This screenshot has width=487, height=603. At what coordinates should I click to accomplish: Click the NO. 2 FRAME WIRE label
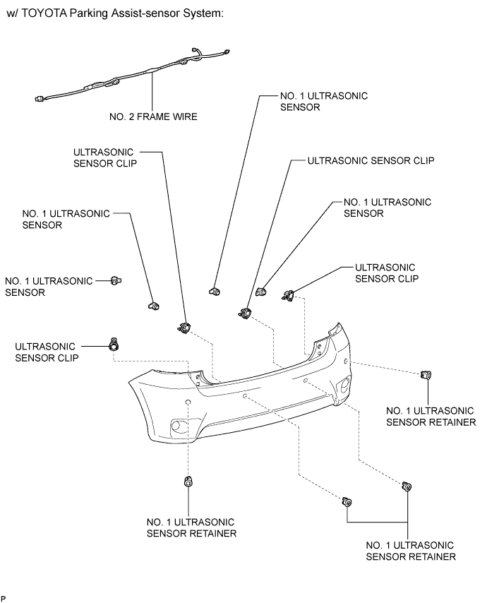(x=153, y=117)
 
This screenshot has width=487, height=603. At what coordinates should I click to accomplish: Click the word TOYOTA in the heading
(x=44, y=13)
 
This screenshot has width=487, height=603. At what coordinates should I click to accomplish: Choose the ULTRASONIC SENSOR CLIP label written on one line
(x=371, y=160)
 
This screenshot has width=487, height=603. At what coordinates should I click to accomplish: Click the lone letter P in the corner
(x=3, y=599)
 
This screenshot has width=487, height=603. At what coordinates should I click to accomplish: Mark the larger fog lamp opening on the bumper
(x=179, y=426)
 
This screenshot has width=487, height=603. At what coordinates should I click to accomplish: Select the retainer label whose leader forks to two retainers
(x=411, y=551)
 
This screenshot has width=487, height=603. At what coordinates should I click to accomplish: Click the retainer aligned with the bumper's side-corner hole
(x=426, y=374)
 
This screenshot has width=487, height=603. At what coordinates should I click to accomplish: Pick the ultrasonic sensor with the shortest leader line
(x=116, y=281)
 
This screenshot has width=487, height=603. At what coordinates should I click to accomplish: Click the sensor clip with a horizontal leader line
(x=114, y=345)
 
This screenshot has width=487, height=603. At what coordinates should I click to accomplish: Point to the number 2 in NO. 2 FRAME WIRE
(x=131, y=117)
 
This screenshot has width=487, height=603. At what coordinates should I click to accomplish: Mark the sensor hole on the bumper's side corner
(x=346, y=361)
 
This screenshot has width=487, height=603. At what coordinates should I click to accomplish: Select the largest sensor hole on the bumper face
(x=188, y=402)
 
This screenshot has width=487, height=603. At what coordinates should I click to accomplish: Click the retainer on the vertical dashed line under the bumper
(x=188, y=482)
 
